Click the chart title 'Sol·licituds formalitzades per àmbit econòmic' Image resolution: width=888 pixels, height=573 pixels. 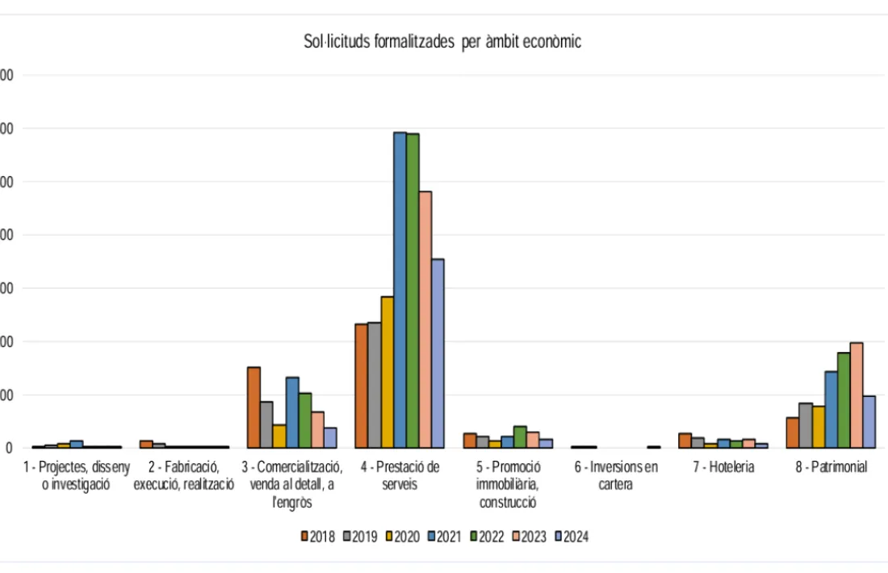coord(442,43)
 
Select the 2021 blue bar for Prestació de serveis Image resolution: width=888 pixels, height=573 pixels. coord(400,291)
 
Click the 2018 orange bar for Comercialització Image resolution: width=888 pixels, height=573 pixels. coord(253,408)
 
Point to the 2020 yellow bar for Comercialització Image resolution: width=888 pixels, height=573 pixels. coord(279,436)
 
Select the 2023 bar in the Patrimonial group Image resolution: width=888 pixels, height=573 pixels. coord(857,395)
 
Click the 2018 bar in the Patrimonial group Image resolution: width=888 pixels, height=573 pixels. coord(793,433)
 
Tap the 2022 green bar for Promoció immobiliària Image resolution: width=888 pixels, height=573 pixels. coord(520,437)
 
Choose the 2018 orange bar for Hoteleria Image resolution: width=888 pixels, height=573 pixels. coord(685,441)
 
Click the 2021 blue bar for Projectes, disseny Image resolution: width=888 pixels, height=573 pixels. coord(77,444)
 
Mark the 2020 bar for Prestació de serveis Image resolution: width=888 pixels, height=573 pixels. coord(387,372)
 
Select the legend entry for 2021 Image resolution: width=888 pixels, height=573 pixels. coord(444,537)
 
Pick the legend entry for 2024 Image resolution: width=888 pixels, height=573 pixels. coord(571,537)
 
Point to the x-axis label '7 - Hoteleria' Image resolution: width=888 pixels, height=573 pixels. coord(722,467)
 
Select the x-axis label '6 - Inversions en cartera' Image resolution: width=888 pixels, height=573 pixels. coord(616,475)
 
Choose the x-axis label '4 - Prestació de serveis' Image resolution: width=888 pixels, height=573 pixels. coord(400,475)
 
